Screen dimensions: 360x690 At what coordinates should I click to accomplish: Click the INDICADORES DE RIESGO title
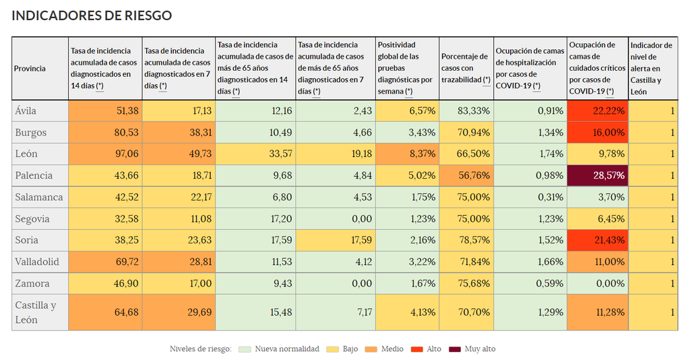click(92, 16)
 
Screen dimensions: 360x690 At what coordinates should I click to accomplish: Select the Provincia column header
click(30, 69)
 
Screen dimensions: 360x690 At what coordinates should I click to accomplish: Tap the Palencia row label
click(33, 176)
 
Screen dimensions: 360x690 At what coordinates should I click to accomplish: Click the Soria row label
click(27, 241)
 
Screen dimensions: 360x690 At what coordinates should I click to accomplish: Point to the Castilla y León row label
click(36, 312)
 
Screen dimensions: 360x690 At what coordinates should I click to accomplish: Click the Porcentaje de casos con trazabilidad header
click(465, 69)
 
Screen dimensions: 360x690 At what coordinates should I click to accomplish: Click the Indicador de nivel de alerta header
click(651, 69)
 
